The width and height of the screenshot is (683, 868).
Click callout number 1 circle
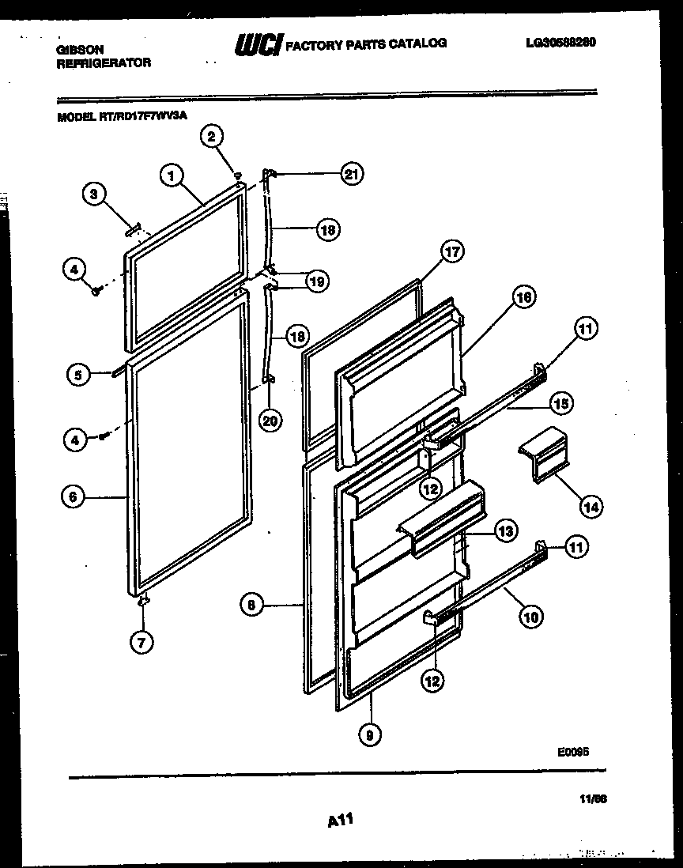click(x=170, y=175)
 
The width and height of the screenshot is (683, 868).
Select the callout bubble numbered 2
click(x=211, y=138)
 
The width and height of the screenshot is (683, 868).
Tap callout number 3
click(x=94, y=194)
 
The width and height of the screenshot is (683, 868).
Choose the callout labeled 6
click(x=73, y=496)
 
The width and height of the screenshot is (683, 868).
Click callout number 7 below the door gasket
click(x=141, y=642)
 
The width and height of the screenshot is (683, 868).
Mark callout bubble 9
click(x=370, y=734)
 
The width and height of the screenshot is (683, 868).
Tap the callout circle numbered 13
click(x=507, y=531)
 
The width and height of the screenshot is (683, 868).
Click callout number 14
click(x=590, y=507)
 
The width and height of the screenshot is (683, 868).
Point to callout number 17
click(x=451, y=253)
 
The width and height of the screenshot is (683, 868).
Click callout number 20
click(x=270, y=421)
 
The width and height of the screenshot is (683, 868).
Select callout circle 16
click(x=523, y=297)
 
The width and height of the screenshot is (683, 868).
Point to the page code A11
click(x=339, y=823)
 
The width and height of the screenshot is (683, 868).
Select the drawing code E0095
click(x=574, y=754)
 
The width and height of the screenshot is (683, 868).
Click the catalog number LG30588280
click(x=560, y=43)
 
